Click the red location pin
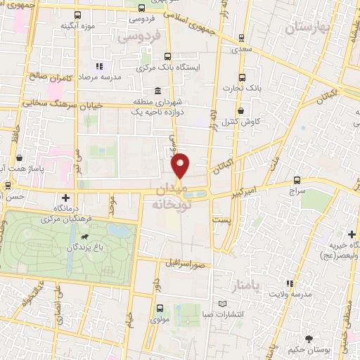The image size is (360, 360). click(181, 165)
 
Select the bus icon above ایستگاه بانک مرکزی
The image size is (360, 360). click(167, 57)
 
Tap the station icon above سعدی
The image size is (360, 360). click(242, 39)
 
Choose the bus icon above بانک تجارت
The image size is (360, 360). click(243, 77)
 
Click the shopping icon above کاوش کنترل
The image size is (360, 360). click(241, 110)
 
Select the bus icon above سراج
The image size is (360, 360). click(297, 180)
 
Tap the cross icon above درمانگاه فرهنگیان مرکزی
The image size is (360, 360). click(66, 198)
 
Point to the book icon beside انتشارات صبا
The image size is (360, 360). click(223, 304)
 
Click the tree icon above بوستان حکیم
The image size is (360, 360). click(310, 338)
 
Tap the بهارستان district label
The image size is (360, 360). click(308, 28)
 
